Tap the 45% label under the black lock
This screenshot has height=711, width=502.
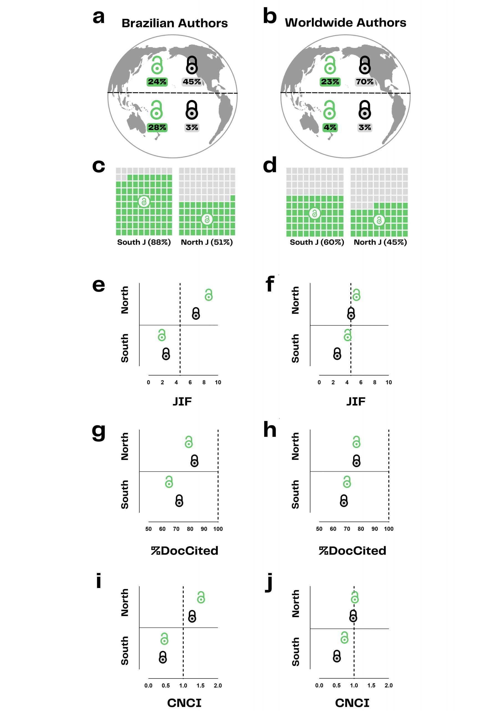click(x=191, y=82)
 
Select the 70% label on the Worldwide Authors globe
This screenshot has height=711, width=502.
click(x=365, y=82)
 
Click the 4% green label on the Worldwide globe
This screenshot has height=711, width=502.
click(x=330, y=127)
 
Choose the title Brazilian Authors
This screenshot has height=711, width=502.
click(x=175, y=23)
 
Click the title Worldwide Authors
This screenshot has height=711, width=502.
click(x=345, y=22)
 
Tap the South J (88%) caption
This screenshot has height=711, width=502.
click(x=144, y=242)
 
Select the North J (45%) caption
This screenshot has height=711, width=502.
click(x=380, y=242)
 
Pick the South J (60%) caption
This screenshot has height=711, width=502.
click(x=317, y=242)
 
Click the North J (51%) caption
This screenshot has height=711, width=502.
click(x=207, y=242)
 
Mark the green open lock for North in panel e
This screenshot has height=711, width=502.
click(x=209, y=295)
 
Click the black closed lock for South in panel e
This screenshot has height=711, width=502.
click(x=166, y=354)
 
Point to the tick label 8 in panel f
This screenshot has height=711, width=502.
click(x=375, y=382)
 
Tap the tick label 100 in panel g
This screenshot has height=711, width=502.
click(x=218, y=529)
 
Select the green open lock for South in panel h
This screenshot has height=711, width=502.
click(x=347, y=482)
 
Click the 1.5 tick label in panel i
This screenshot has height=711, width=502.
click(x=201, y=686)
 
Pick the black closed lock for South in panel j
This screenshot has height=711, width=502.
click(x=337, y=656)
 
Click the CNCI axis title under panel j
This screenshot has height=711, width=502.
click(x=352, y=703)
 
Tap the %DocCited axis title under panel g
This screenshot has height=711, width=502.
click(x=185, y=550)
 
